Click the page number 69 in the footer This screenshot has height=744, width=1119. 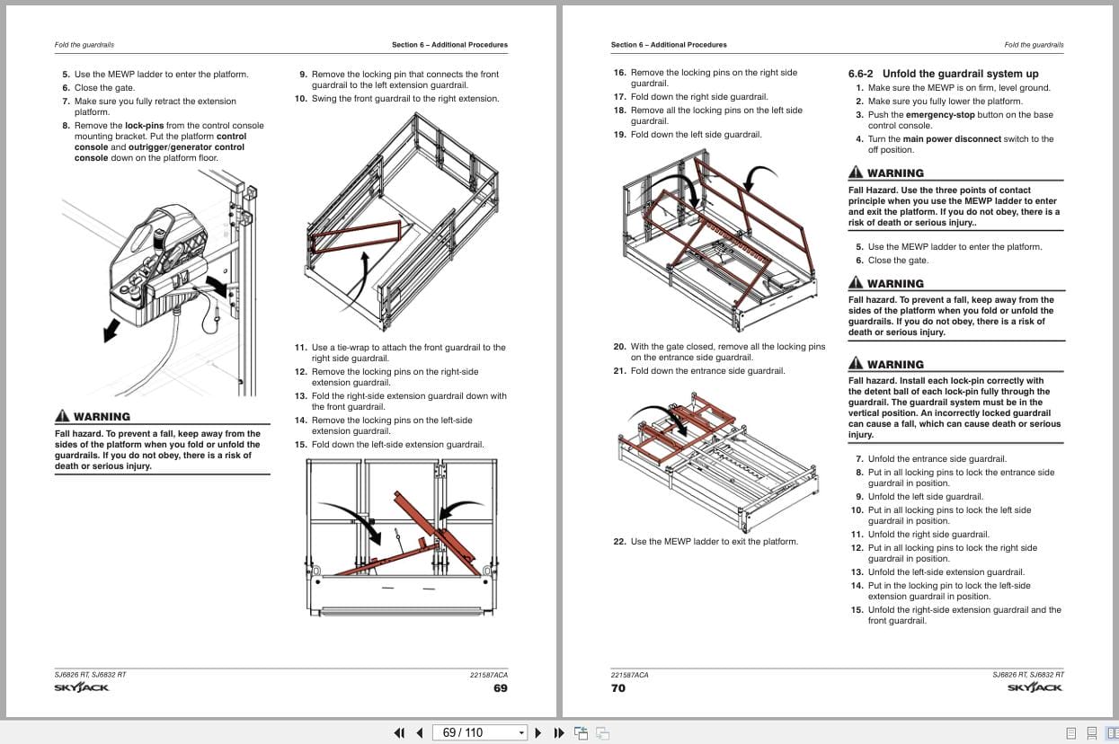(x=500, y=688)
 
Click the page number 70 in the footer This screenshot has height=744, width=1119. (x=618, y=688)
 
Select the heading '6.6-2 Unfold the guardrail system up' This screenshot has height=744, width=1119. (x=943, y=74)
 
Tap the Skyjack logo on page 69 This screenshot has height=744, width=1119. (x=82, y=688)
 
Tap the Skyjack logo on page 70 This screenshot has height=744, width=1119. (x=1035, y=688)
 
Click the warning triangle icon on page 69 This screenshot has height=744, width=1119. (x=62, y=416)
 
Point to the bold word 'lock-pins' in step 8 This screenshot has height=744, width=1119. (x=146, y=126)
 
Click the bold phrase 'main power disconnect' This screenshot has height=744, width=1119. (x=952, y=139)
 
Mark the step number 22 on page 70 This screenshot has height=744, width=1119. (x=619, y=542)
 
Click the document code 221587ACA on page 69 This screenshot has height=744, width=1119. (x=488, y=675)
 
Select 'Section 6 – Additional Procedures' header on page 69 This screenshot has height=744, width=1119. (x=449, y=45)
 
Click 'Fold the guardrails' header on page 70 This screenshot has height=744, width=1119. (x=1034, y=45)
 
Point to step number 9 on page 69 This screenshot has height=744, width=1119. (x=303, y=75)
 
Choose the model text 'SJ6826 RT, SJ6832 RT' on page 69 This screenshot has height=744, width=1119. (x=90, y=675)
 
